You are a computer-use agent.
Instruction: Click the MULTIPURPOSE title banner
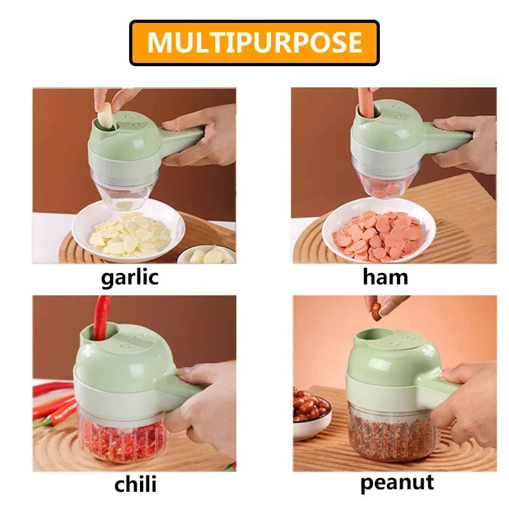[254, 43]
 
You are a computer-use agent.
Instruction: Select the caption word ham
[386, 277]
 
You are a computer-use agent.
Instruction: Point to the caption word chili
[135, 484]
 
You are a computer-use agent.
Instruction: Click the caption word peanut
[397, 482]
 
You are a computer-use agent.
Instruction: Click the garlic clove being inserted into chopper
[105, 116]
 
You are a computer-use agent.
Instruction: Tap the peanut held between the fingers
[376, 310]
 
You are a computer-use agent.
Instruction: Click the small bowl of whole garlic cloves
[207, 255]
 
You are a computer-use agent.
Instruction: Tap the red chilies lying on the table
[54, 404]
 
